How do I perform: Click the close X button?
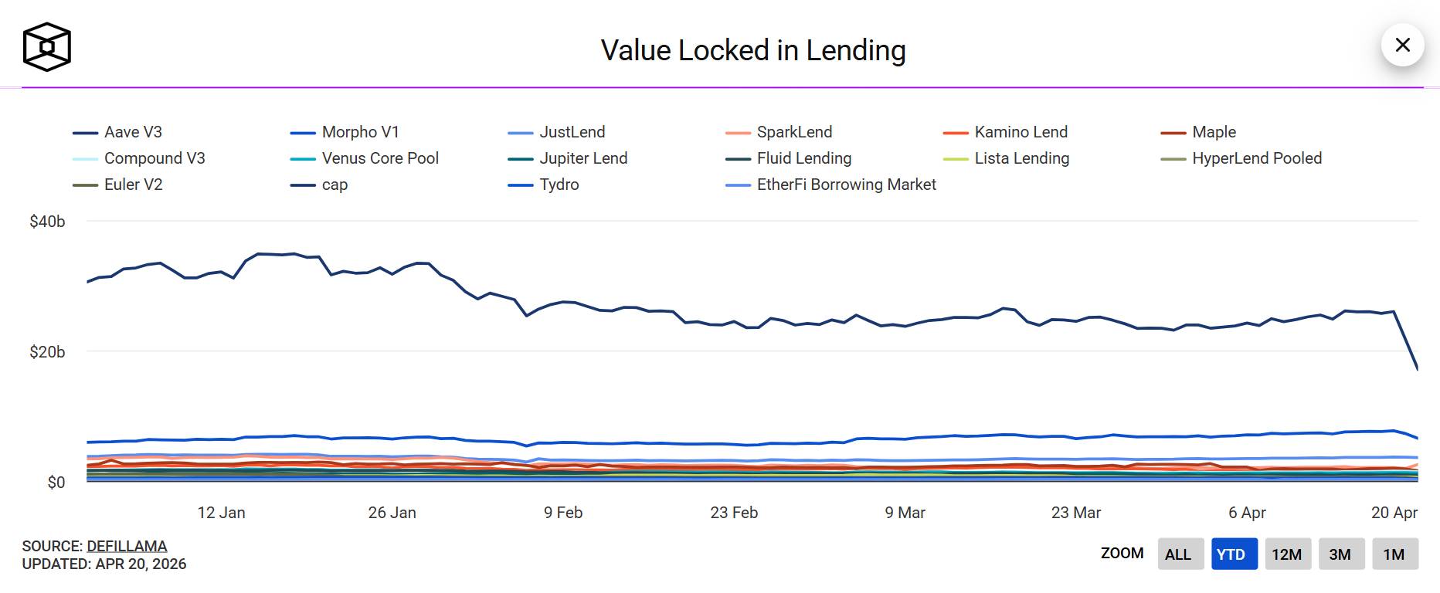click(x=1402, y=45)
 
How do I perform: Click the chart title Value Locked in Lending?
click(x=753, y=50)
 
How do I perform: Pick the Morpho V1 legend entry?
click(x=360, y=132)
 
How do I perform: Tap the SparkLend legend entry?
click(x=794, y=132)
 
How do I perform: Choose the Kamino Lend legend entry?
click(x=1021, y=132)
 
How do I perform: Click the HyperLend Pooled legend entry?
click(x=1256, y=158)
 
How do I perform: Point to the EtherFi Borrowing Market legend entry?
click(x=846, y=185)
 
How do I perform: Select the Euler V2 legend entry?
click(x=133, y=185)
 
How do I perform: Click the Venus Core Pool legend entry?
click(x=379, y=158)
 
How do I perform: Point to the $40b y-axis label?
click(x=47, y=222)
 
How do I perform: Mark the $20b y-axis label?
click(x=47, y=352)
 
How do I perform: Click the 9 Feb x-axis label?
click(x=563, y=513)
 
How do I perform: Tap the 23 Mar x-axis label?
click(x=1075, y=513)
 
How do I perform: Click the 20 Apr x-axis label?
click(x=1394, y=513)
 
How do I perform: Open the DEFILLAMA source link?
click(x=127, y=546)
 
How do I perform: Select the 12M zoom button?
click(x=1286, y=554)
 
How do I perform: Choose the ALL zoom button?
click(x=1178, y=554)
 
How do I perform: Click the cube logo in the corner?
click(x=47, y=47)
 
